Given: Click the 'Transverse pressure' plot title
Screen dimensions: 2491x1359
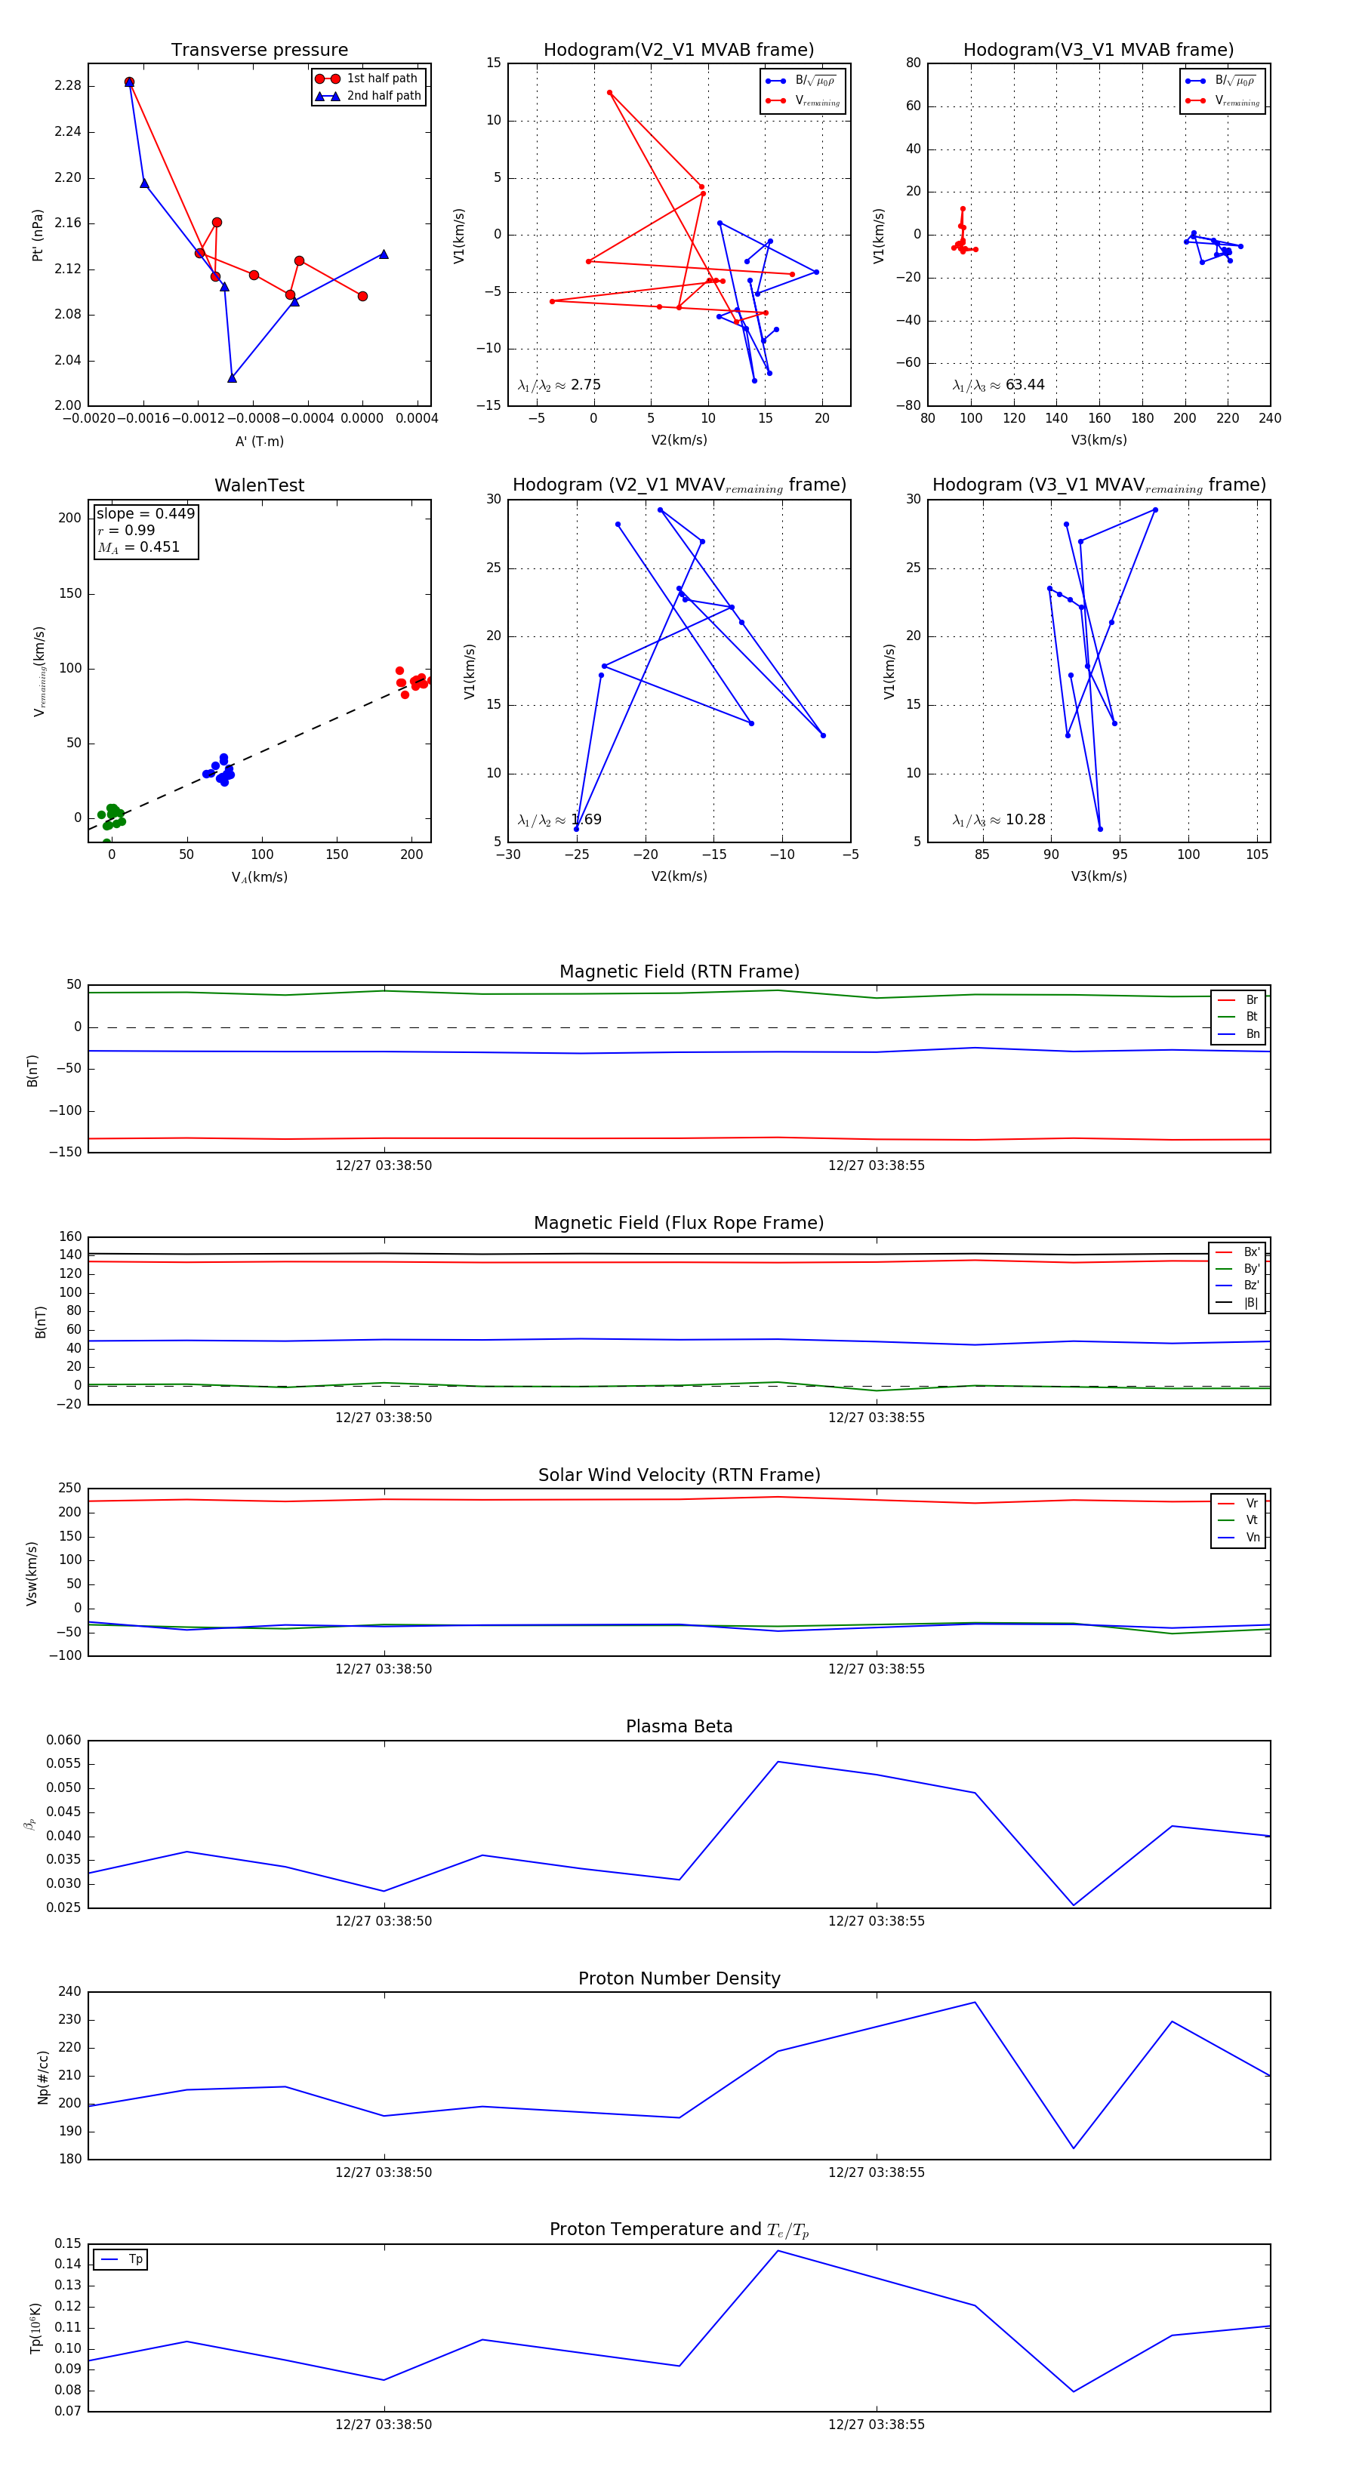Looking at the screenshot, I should coord(259,51).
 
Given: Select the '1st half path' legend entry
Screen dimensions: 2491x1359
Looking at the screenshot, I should coord(382,79).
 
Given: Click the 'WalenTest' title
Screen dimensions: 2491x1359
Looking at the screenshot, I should coord(259,485).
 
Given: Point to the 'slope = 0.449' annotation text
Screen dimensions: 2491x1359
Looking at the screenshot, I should coord(145,513).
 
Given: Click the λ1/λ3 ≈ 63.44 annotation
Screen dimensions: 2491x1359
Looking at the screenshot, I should coord(998,385).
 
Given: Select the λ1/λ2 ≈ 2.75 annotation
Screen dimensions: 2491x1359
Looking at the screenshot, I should coord(559,385).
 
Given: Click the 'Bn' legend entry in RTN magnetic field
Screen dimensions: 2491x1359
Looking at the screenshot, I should coord(1252,1033).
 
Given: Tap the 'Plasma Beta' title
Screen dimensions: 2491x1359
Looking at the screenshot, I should coord(679,1726).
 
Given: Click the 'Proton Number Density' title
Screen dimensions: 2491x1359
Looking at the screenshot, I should coord(679,1978).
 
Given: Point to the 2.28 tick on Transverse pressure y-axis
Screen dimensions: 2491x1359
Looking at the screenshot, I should coord(68,86).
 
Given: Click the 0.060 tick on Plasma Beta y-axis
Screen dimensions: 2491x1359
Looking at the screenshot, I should coord(64,1741).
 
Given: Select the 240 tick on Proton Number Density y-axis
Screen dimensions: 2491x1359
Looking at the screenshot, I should coord(69,1992).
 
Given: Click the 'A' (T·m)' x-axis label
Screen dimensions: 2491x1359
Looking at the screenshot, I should coord(259,441).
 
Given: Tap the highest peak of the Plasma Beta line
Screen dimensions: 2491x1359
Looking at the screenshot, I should coord(778,1762).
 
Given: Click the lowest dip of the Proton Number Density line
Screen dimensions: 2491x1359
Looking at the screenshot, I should coord(1074,2149).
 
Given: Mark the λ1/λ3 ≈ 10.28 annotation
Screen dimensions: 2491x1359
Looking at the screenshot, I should coord(998,820).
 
